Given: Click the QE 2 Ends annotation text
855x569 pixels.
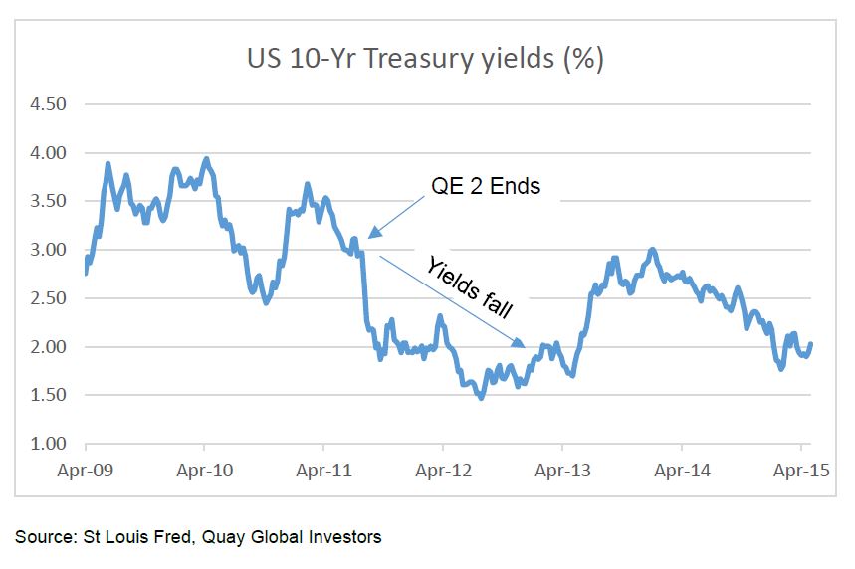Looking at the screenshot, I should point(486,186).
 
